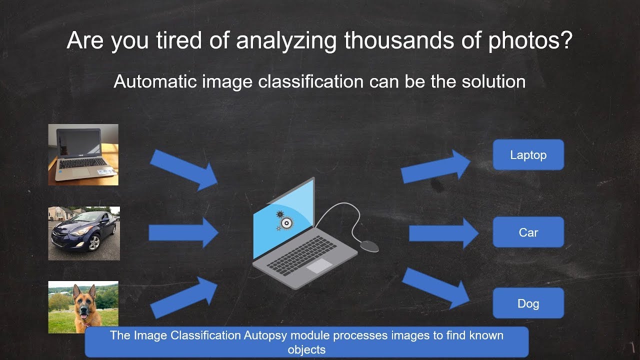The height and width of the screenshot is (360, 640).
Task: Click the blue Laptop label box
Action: [x=528, y=155]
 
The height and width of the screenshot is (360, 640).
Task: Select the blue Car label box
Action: [x=528, y=232]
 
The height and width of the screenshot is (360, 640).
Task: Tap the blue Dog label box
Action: [x=528, y=303]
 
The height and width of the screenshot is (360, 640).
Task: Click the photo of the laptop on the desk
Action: [x=83, y=154]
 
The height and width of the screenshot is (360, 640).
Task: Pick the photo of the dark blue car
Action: [x=83, y=233]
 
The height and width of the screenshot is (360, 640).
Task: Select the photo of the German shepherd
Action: [x=83, y=307]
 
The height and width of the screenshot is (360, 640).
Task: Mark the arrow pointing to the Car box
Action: [x=443, y=233]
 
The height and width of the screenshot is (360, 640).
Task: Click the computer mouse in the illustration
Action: [x=369, y=245]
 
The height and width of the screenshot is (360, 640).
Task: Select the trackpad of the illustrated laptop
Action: [x=319, y=265]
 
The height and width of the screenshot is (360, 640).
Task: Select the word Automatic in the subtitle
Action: [x=155, y=81]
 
